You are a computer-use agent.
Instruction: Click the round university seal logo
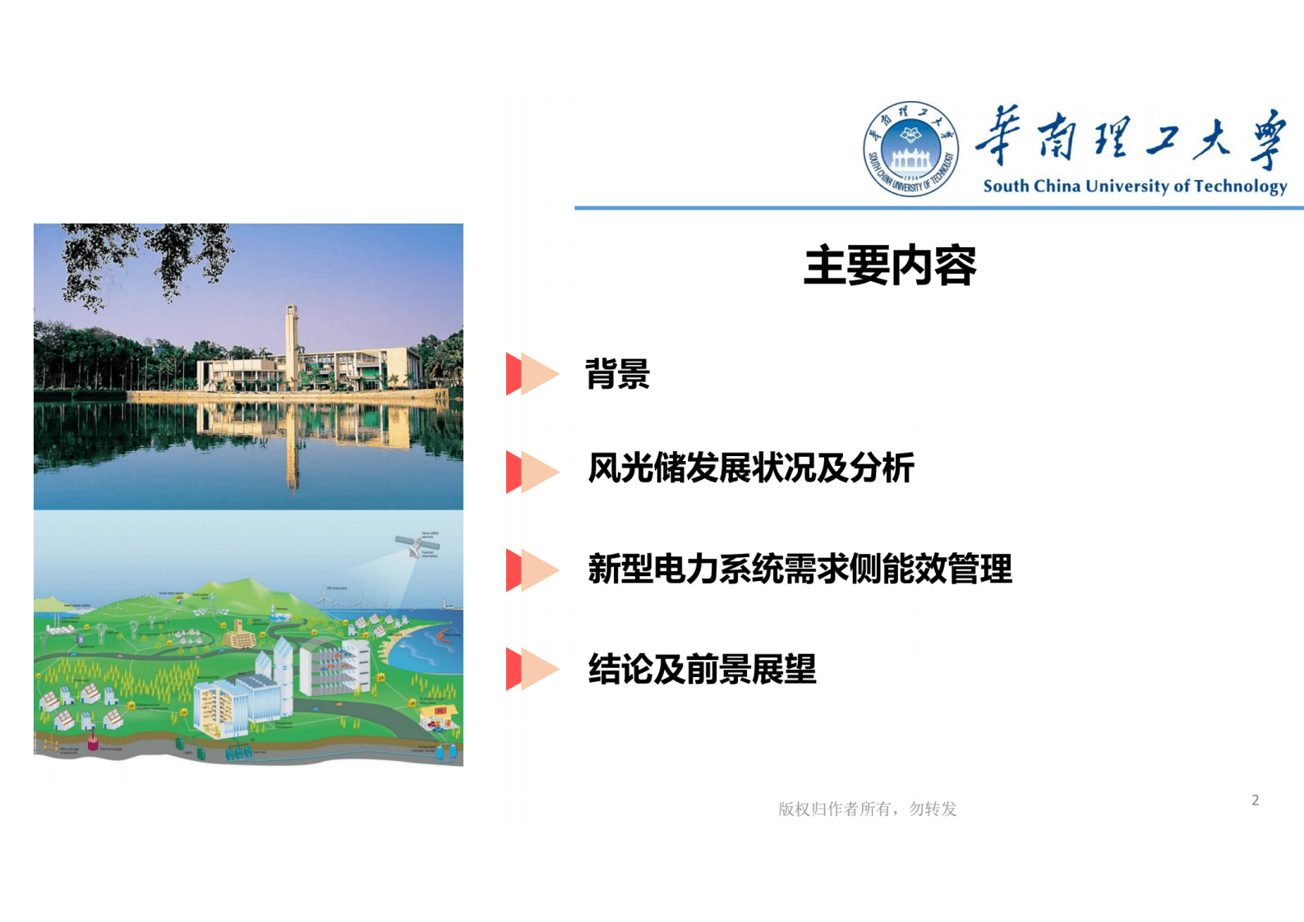pos(910,150)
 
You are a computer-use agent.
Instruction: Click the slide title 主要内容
pos(890,265)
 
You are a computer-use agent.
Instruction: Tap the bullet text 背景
pos(617,374)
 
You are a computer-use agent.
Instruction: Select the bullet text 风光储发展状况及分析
pos(751,468)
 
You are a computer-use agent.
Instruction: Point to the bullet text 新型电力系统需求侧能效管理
pos(799,569)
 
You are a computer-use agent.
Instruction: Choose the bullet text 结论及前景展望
pos(702,669)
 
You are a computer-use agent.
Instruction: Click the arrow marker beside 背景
pos(532,374)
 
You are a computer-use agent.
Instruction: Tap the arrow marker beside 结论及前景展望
pos(532,669)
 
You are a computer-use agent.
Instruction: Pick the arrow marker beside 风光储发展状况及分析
pos(532,472)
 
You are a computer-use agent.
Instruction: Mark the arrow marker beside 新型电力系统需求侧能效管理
pos(532,570)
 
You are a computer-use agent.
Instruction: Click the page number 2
pos(1255,800)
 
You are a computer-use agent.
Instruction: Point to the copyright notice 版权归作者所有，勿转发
pos(867,809)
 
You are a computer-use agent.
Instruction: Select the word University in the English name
pos(1127,186)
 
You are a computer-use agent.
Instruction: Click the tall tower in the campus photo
pos(291,345)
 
